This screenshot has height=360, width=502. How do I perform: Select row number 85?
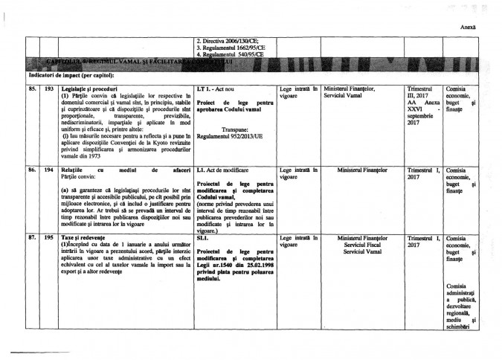33,89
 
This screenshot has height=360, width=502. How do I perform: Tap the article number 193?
50,89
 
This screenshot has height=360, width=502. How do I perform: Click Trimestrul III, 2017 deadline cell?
425,92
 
